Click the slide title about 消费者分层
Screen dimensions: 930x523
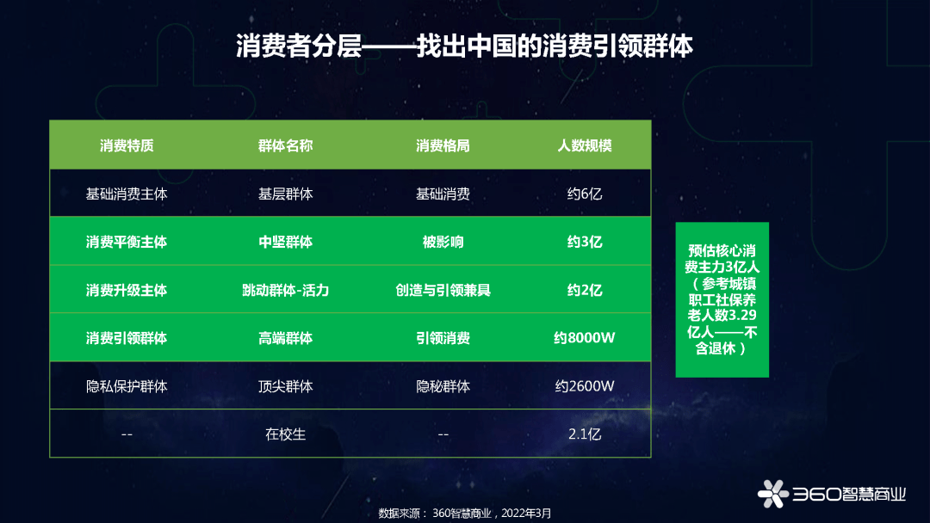[x=464, y=46]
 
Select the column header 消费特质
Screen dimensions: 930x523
[x=127, y=145]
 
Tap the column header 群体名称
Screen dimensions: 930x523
[x=285, y=145]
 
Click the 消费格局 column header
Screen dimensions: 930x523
[x=443, y=145]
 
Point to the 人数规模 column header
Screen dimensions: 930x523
[x=584, y=145]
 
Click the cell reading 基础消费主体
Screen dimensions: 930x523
[x=127, y=194]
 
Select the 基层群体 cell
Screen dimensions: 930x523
[x=285, y=194]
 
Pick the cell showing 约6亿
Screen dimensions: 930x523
[x=584, y=194]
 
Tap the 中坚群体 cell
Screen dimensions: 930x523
[x=285, y=242]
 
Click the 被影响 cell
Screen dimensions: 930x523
[x=443, y=242]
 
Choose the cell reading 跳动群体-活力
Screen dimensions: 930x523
[x=285, y=290]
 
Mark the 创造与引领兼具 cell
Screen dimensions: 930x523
[x=443, y=290]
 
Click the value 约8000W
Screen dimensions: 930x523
[x=584, y=338]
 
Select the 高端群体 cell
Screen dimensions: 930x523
[x=285, y=338]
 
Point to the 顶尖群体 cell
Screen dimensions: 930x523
[x=285, y=386]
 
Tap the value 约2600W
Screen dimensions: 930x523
[x=584, y=386]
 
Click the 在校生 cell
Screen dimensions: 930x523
[x=285, y=434]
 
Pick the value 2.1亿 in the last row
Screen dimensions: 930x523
[x=584, y=434]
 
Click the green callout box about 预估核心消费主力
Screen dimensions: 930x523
[x=722, y=299]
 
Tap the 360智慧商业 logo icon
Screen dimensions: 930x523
[x=772, y=494]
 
